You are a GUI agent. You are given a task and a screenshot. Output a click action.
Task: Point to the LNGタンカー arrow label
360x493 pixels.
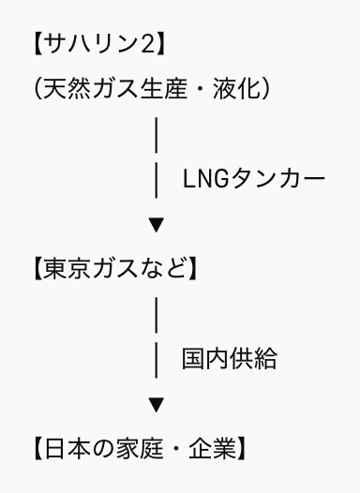pos(254,178)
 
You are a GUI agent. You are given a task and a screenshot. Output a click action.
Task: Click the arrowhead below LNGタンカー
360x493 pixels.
pos(157,225)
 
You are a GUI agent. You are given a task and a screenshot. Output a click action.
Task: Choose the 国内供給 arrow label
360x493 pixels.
pos(229,358)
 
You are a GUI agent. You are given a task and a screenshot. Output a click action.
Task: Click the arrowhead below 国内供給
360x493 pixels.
pos(157,405)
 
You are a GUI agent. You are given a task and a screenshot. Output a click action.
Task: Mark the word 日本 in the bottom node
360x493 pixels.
pos(66,448)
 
